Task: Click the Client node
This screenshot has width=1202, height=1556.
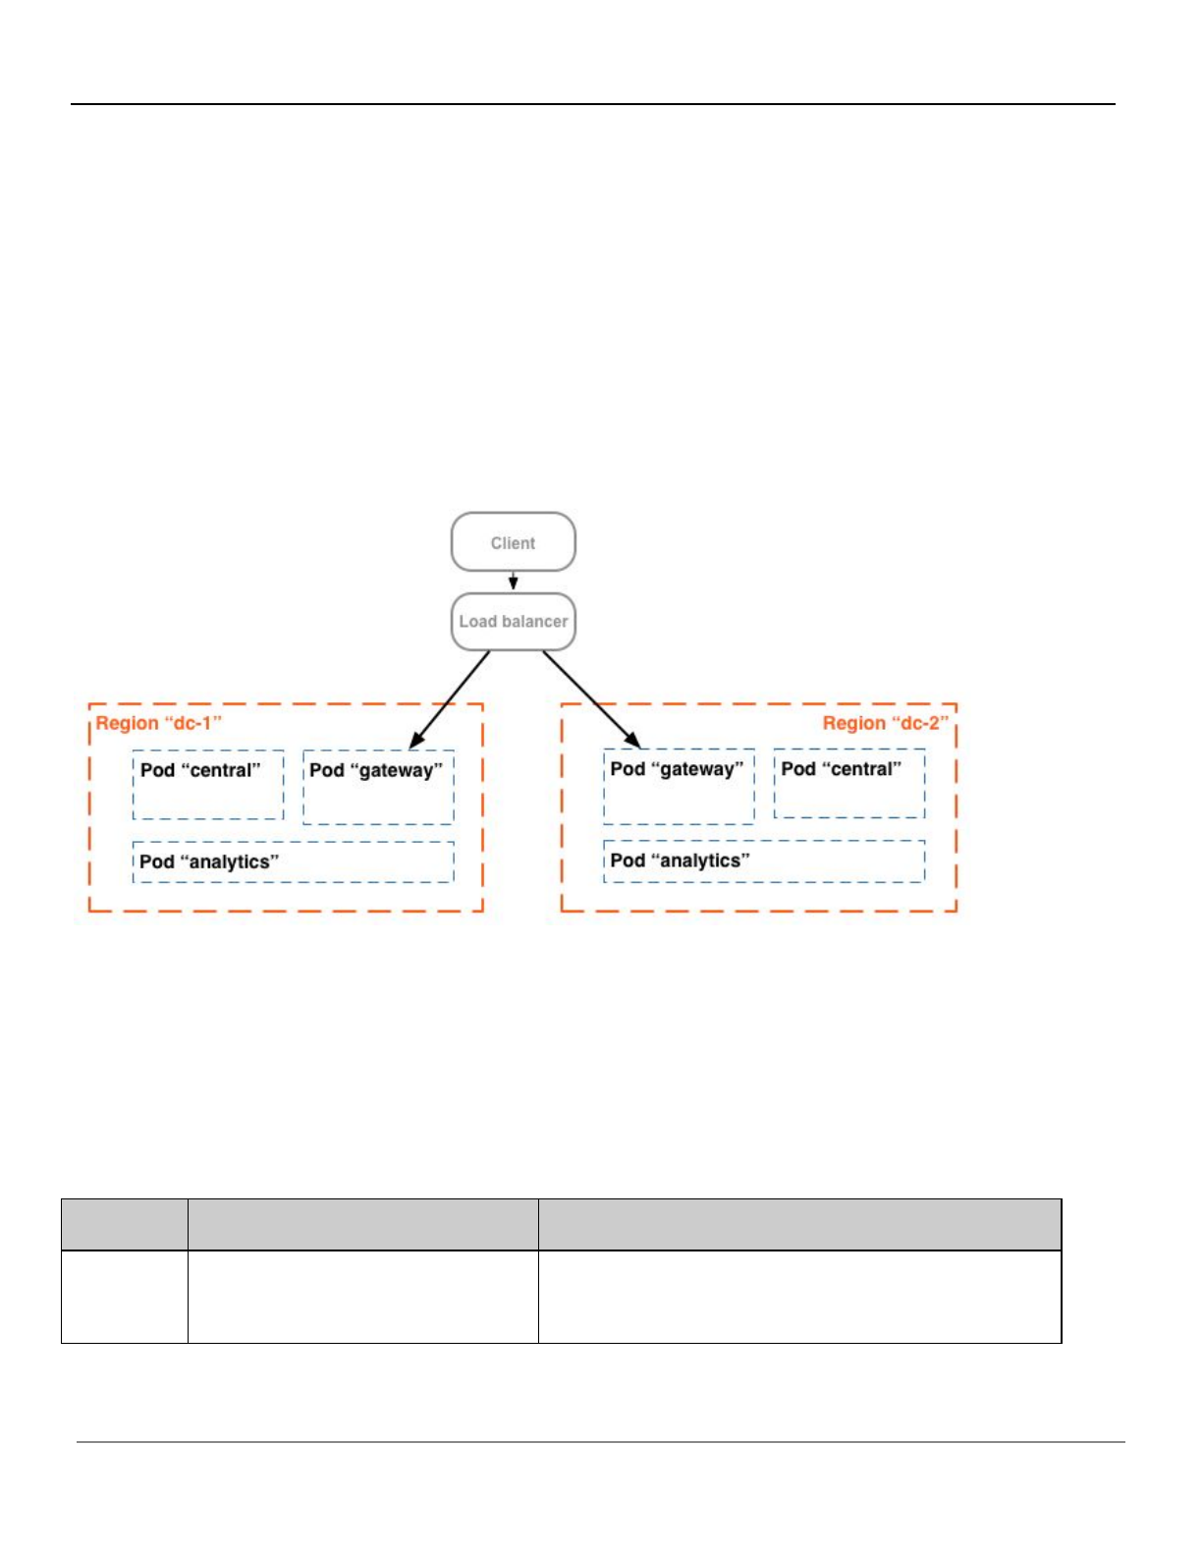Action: pos(513,542)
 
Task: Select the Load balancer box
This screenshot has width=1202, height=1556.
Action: pos(513,622)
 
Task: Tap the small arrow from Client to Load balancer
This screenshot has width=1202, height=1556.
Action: pos(513,582)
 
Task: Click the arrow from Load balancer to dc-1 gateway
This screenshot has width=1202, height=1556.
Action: pos(451,698)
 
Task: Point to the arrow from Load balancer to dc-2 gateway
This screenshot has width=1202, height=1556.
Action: pos(590,698)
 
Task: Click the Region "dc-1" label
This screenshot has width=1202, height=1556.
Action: pos(158,724)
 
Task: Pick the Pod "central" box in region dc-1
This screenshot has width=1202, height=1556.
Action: pos(208,785)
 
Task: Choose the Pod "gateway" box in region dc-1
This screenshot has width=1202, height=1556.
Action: pos(378,787)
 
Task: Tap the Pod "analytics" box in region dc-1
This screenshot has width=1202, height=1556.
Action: pos(293,861)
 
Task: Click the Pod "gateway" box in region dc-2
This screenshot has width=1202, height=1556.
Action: pos(679,786)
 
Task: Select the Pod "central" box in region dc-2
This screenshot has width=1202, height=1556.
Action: pos(848,784)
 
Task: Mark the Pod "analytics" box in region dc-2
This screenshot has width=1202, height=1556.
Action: pos(764,861)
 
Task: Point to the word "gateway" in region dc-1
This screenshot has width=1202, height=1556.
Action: pos(397,771)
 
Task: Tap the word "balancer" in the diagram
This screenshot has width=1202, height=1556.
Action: pos(534,622)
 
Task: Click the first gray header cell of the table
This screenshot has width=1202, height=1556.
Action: pos(125,1224)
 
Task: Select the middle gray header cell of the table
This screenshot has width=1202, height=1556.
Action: pos(362,1224)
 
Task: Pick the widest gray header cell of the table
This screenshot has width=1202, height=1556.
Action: pos(799,1224)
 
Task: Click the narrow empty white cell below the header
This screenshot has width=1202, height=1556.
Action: pos(125,1296)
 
